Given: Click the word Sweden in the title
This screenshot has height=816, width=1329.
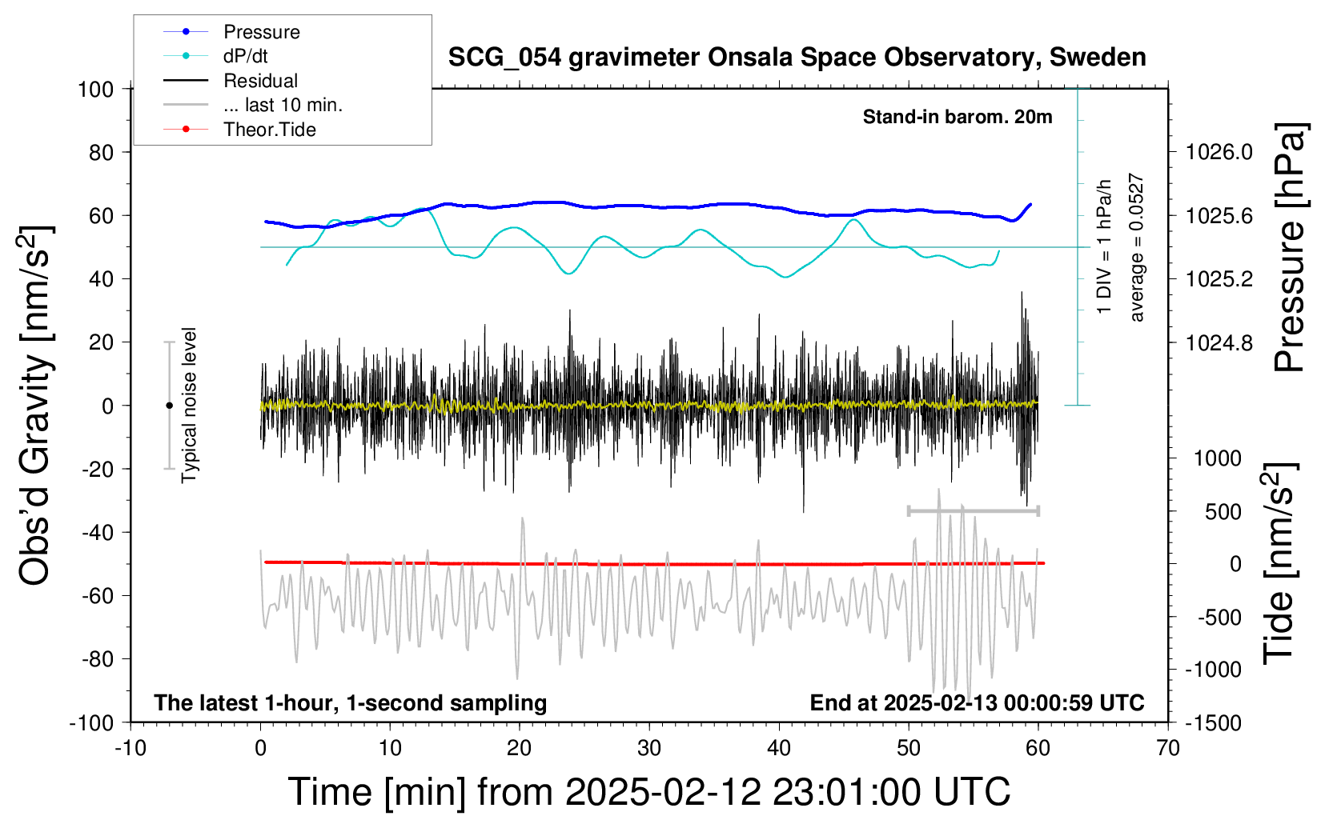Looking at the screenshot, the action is point(1098,58).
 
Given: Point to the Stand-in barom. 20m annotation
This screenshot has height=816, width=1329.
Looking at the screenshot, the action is point(958,117).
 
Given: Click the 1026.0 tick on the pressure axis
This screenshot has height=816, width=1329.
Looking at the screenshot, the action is point(1219,153).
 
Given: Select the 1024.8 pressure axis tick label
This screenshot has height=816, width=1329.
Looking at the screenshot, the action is point(1219,342).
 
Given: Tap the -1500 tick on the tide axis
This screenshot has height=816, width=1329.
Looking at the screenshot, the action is point(1213,723).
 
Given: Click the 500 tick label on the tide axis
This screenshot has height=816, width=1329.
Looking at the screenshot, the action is point(1223,512).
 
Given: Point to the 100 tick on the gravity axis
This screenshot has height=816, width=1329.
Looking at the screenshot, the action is point(95,90).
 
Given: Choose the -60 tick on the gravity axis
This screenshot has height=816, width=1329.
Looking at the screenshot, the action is point(98,596).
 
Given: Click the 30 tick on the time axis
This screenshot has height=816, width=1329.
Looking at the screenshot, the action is point(649,748).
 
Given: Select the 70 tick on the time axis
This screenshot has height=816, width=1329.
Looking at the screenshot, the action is point(1167,748).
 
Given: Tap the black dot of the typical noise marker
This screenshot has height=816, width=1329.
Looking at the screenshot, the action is point(169,406).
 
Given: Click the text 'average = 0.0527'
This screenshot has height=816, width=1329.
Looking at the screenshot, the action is point(1136,247).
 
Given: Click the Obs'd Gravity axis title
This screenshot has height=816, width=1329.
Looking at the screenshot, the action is point(34,406).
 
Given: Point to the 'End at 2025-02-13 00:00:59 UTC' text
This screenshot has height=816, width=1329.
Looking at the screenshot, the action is point(978,703).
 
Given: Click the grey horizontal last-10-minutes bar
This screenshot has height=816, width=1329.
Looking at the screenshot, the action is point(974,510).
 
